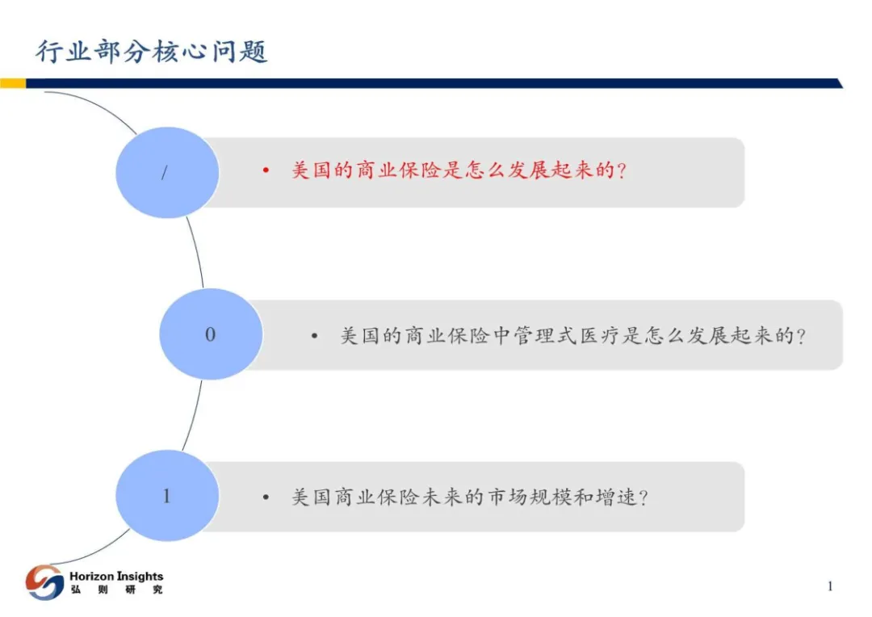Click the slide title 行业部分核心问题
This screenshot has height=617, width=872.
(152, 52)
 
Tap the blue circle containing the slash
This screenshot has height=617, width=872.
(167, 172)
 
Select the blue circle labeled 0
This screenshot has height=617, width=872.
(211, 334)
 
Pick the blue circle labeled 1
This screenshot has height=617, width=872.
(167, 496)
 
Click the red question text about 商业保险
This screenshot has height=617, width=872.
(459, 172)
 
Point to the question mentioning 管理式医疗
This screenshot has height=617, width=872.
(572, 336)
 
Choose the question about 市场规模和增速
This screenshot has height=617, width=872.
(470, 497)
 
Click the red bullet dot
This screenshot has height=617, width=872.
(265, 172)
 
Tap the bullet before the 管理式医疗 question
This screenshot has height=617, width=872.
(315, 336)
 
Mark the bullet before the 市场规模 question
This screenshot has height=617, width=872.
(265, 497)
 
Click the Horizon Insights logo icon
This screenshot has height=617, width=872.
(44, 582)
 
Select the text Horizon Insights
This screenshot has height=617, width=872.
(116, 576)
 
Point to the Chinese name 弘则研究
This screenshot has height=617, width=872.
(116, 590)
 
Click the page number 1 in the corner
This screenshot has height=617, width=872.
(829, 586)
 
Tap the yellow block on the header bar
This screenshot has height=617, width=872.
(12, 83)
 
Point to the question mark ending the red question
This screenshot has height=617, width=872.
(621, 172)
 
